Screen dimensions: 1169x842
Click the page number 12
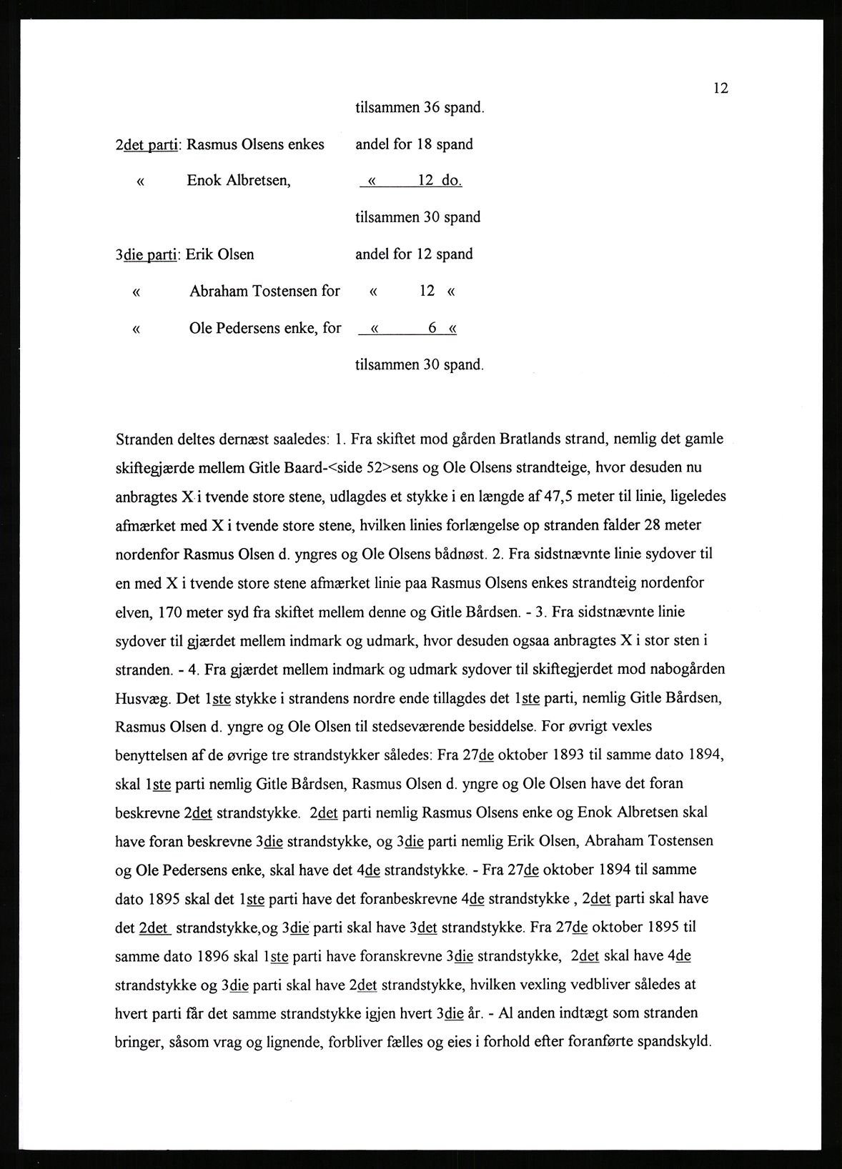click(720, 89)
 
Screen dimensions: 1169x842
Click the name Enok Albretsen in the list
click(239, 181)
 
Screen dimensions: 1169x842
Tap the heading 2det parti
click(149, 144)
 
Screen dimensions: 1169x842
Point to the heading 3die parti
click(149, 254)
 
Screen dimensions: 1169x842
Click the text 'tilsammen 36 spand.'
click(420, 108)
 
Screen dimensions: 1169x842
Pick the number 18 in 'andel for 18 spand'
click(425, 144)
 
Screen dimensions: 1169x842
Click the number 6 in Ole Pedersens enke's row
click(432, 329)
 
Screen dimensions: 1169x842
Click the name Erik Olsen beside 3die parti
click(220, 254)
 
